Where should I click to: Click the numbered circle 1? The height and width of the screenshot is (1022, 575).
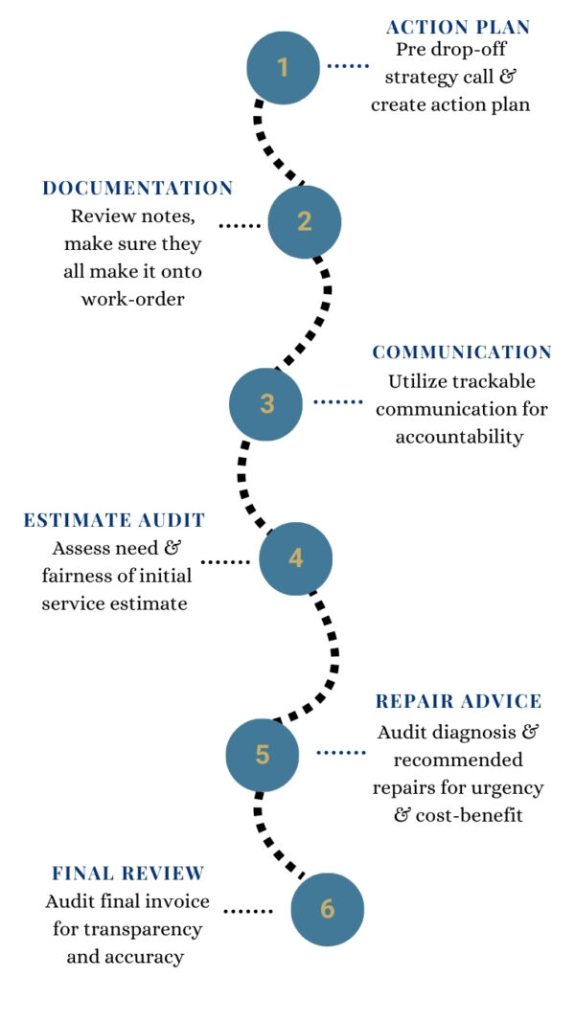tap(284, 67)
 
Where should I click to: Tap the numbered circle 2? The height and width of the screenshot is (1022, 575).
tap(305, 221)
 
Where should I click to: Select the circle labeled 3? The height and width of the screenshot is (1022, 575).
tap(266, 404)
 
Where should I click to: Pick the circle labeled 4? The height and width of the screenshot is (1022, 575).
tap(296, 558)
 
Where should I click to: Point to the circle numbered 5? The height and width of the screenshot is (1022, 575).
tap(263, 755)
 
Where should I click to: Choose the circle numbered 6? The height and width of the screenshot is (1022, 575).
tap(328, 909)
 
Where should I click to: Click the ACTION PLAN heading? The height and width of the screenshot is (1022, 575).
tap(458, 27)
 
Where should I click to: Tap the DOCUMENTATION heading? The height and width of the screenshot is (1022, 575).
tap(138, 189)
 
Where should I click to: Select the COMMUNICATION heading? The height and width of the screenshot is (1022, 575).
tap(462, 352)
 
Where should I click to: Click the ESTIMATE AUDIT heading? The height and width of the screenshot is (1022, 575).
tap(114, 521)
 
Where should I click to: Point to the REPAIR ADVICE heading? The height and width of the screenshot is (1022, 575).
tap(459, 702)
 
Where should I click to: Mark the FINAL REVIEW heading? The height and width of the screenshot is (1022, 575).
tap(127, 874)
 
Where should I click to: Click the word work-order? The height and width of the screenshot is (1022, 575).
tap(132, 299)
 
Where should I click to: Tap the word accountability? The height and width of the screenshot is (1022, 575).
tap(463, 438)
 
